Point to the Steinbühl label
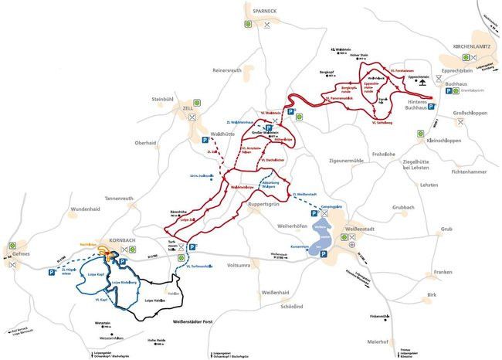(166, 99)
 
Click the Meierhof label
(378, 341)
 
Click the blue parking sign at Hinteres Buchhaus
(432, 107)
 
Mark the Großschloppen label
(473, 113)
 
